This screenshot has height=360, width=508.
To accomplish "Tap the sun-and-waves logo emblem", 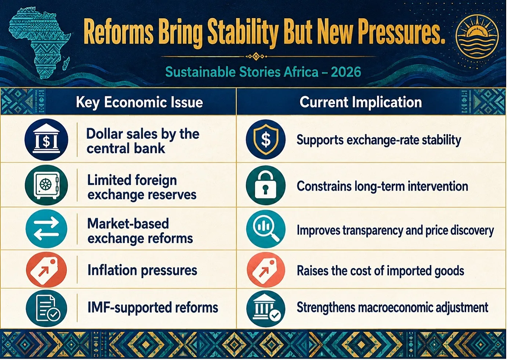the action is point(477,37).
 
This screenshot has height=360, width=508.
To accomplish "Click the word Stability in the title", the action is point(243,32).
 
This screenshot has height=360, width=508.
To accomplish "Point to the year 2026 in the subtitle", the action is point(346,72).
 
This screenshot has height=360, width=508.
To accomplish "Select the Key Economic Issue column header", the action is point(139,102).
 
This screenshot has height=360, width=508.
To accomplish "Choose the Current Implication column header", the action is point(360,102).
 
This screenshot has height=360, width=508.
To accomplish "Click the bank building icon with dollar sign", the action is point(46,139).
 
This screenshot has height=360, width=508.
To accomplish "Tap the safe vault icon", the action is point(46,185).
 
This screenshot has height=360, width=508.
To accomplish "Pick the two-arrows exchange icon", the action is point(46,228).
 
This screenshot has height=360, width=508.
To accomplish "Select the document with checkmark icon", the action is point(46,308).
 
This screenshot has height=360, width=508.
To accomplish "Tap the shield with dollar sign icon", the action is point(266,139).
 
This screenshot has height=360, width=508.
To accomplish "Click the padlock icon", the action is point(266,185).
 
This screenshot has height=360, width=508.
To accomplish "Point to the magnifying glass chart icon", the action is point(266,229).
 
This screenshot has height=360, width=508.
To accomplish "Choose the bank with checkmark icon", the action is point(266,309).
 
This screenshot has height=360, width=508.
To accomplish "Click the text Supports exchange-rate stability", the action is point(379,140).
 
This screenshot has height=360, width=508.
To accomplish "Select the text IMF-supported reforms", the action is point(153,308).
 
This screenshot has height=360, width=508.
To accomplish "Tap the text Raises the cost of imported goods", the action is point(381,271).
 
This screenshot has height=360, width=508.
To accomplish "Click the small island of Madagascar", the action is point(66,64).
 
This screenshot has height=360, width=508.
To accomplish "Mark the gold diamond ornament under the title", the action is point(256,56).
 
